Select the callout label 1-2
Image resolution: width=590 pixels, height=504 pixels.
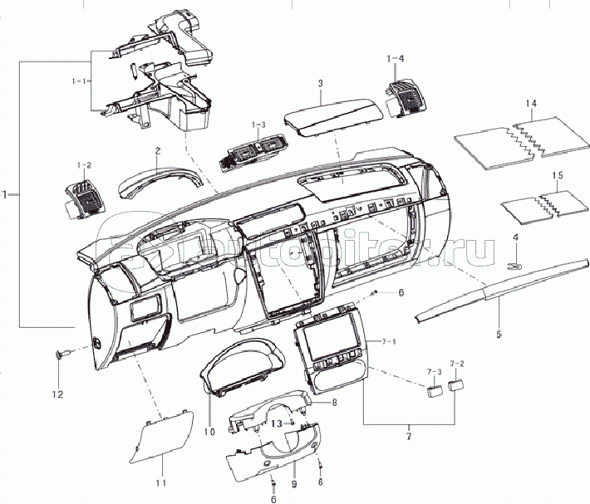point(84,165)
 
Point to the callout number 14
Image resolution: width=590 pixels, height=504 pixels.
point(532,103)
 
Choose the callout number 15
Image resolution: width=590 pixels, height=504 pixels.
point(558,175)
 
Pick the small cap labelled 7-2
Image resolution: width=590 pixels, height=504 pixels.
point(456,384)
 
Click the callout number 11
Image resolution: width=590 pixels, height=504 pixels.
point(161,482)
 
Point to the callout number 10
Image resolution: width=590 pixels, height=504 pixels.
point(209,432)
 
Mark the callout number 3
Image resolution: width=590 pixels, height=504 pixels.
point(320,84)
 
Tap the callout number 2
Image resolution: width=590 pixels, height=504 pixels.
point(157,151)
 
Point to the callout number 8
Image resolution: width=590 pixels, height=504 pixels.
point(334,403)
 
